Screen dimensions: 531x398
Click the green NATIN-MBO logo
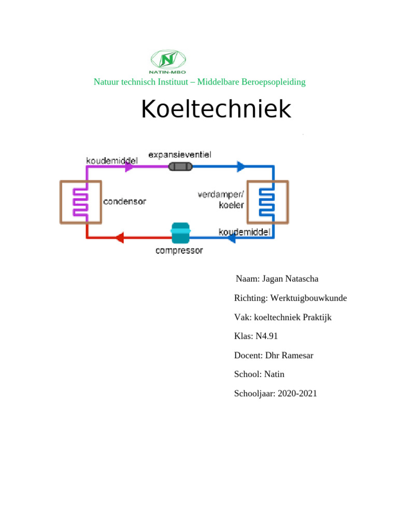point(167,62)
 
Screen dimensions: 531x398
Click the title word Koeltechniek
point(216,110)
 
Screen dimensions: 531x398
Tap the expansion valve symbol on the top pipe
point(180,167)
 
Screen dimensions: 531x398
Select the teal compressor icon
point(180,233)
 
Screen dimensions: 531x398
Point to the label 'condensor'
point(124,201)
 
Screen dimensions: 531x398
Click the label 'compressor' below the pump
point(179,251)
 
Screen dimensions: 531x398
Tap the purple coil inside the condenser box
point(81,202)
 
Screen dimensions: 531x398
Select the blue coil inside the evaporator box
point(267,202)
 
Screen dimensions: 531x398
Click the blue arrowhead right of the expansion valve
point(241,167)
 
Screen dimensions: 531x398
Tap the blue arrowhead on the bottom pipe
point(232,238)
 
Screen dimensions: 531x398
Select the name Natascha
point(300,279)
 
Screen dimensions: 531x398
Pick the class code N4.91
point(266,336)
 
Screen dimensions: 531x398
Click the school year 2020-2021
point(297,394)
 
